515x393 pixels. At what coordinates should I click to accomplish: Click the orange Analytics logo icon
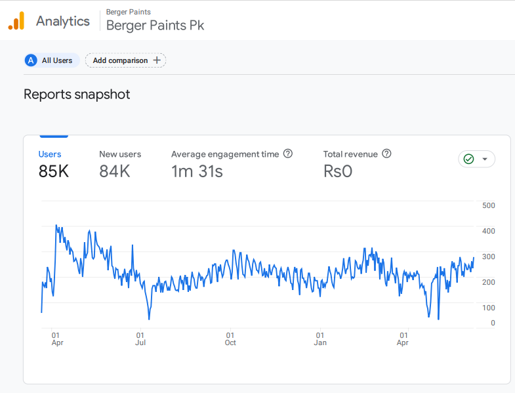click(x=16, y=21)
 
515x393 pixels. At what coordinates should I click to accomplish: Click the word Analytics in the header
click(x=63, y=21)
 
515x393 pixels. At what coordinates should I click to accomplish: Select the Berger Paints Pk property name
click(x=155, y=26)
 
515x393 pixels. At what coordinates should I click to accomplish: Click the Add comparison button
click(x=126, y=60)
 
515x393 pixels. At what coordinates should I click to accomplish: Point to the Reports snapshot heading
click(x=77, y=94)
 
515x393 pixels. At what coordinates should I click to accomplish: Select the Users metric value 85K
click(x=54, y=172)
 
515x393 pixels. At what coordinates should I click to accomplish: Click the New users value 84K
click(x=115, y=172)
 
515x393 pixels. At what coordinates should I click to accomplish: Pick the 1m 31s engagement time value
click(x=197, y=172)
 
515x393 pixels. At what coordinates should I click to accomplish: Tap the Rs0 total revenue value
click(x=338, y=172)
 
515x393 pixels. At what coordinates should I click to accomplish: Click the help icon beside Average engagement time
click(x=287, y=154)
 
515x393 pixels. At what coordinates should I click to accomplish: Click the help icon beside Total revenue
click(x=386, y=154)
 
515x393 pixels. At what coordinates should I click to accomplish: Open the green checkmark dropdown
click(x=476, y=159)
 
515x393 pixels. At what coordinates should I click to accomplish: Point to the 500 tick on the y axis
click(x=488, y=205)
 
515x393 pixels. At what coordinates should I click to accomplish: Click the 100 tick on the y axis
click(x=488, y=308)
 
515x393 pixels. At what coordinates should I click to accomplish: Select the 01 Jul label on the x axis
click(x=140, y=339)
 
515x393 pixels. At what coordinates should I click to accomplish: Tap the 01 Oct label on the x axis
click(x=230, y=339)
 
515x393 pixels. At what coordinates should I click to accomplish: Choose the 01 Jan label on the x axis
click(x=320, y=339)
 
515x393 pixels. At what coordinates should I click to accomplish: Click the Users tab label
click(x=50, y=154)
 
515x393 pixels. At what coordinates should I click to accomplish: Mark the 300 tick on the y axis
click(x=488, y=257)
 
